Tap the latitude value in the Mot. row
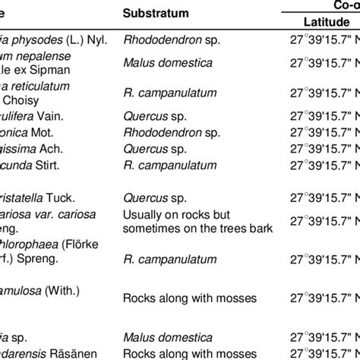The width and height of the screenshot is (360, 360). pyautogui.click(x=329, y=131)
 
